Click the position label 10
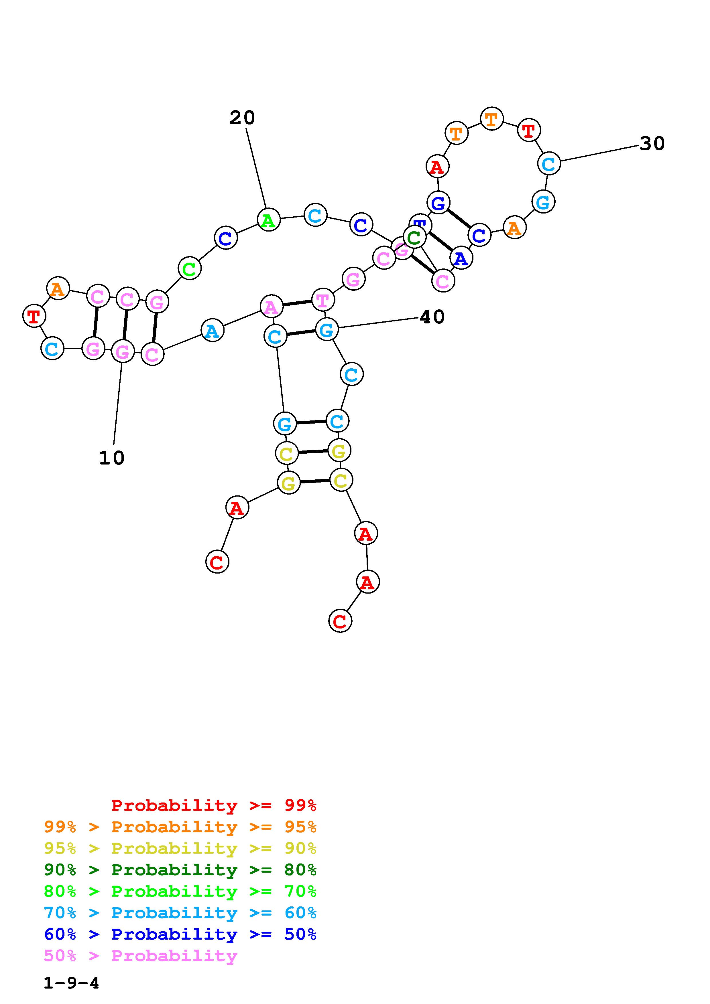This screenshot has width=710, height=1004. tap(112, 458)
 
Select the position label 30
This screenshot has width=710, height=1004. tap(652, 143)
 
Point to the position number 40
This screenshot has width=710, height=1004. tap(432, 317)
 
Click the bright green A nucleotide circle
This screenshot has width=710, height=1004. tap(268, 220)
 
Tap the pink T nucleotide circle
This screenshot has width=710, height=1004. tap(323, 300)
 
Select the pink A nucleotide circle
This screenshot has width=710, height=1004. tap(271, 307)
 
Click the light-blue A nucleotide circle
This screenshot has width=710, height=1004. tap(212, 330)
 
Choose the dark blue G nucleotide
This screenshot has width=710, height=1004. tap(438, 202)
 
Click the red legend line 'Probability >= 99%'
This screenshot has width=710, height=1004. tap(214, 805)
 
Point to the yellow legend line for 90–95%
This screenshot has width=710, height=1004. tap(180, 848)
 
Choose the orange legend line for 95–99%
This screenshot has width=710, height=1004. tap(180, 827)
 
